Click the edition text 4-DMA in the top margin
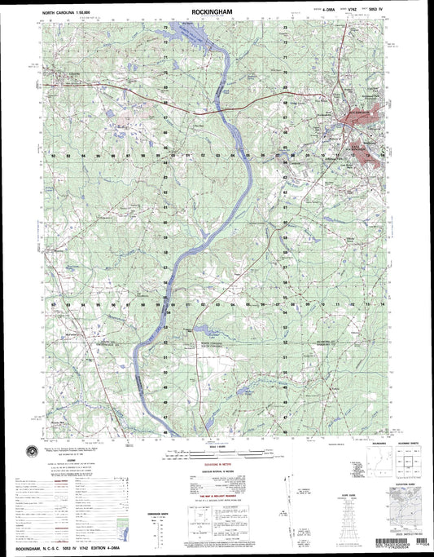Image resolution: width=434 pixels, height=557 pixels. (x=309, y=13)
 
